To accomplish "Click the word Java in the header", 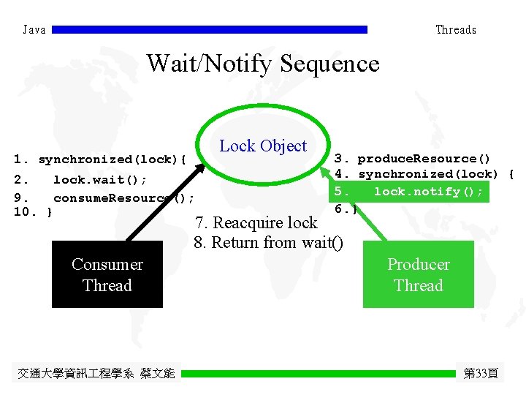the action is (x=34, y=30).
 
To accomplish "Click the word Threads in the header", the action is (x=455, y=30).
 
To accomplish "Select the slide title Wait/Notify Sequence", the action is (x=263, y=64).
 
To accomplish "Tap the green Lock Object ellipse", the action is (x=263, y=146).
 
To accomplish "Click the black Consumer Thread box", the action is (x=107, y=275).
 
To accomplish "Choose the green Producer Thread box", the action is (x=418, y=275).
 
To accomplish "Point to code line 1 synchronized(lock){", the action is (x=101, y=159).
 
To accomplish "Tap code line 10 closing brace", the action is (x=34, y=212).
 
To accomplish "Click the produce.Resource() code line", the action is (x=413, y=159).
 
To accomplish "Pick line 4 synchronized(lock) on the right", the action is (x=424, y=174).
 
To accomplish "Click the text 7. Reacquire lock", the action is (x=256, y=222).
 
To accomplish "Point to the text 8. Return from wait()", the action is (x=268, y=242).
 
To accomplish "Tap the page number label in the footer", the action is (x=481, y=374).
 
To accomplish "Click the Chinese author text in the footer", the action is (x=96, y=374).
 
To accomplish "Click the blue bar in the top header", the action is (x=210, y=30).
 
